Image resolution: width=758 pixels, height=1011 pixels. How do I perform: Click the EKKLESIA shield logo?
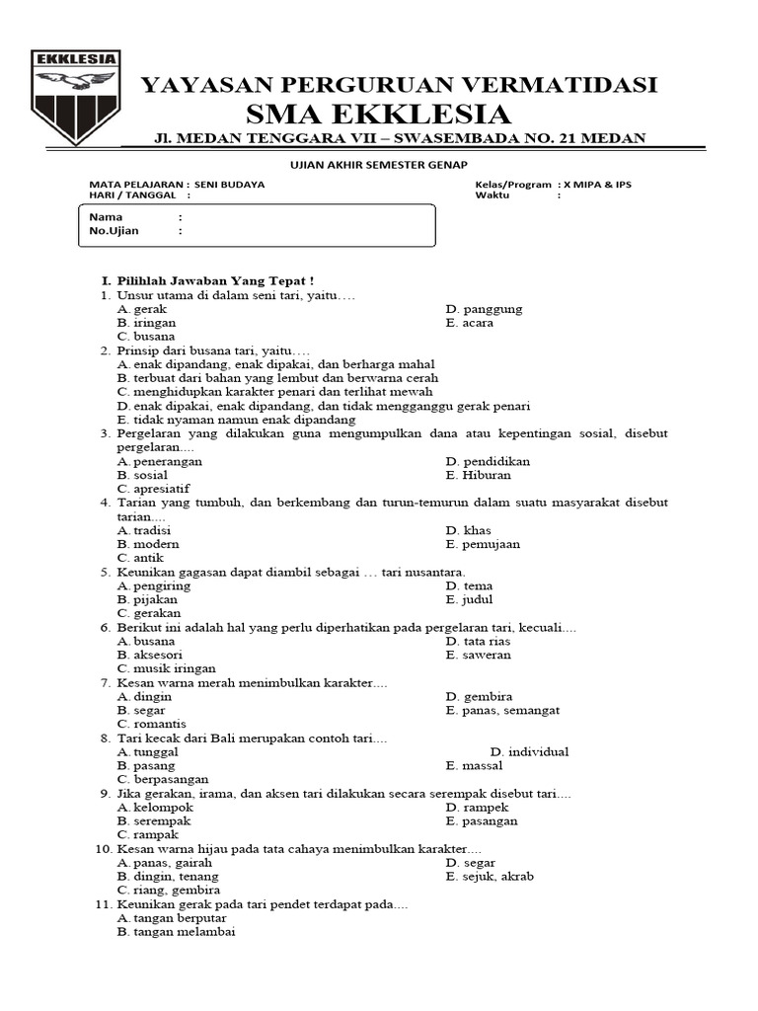(76, 96)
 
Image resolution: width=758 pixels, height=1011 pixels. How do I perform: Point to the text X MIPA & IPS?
(595, 185)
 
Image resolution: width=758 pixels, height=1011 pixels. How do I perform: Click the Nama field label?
(107, 216)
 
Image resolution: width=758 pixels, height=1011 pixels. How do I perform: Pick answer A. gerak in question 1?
(142, 309)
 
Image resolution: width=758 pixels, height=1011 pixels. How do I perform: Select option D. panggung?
(484, 309)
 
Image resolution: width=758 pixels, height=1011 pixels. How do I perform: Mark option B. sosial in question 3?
(142, 475)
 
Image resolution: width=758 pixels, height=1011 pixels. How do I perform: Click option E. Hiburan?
(479, 475)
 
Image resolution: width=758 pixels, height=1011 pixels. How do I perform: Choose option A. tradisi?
(144, 530)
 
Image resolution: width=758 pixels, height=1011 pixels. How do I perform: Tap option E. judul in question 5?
(469, 599)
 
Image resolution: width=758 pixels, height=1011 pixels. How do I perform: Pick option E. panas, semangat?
(502, 710)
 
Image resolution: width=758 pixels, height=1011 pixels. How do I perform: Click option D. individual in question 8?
(529, 751)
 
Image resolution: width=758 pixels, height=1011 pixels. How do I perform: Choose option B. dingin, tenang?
(168, 876)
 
